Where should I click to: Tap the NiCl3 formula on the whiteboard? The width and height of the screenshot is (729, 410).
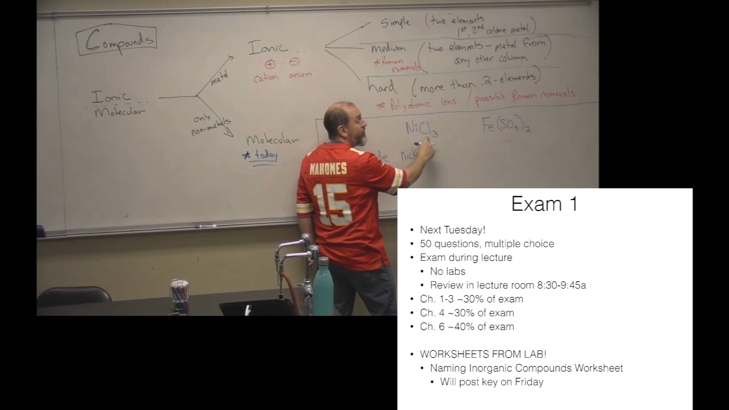[421, 128]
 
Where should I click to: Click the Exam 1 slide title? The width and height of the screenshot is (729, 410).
[544, 204]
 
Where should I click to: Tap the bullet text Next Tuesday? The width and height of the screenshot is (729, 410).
[452, 230]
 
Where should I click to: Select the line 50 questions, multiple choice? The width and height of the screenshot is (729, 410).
[487, 244]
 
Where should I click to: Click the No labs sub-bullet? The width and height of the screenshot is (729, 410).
[447, 271]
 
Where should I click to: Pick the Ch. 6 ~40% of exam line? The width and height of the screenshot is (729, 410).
[467, 327]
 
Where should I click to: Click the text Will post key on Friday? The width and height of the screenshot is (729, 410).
[491, 382]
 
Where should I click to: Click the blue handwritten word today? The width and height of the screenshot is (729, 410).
[265, 155]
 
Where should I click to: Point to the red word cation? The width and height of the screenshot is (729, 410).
[266, 78]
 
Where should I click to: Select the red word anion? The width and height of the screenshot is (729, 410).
[300, 75]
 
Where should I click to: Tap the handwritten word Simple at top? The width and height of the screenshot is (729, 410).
[395, 22]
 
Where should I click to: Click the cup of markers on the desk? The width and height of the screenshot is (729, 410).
[179, 294]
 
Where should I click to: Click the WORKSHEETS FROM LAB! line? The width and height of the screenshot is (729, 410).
[483, 354]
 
